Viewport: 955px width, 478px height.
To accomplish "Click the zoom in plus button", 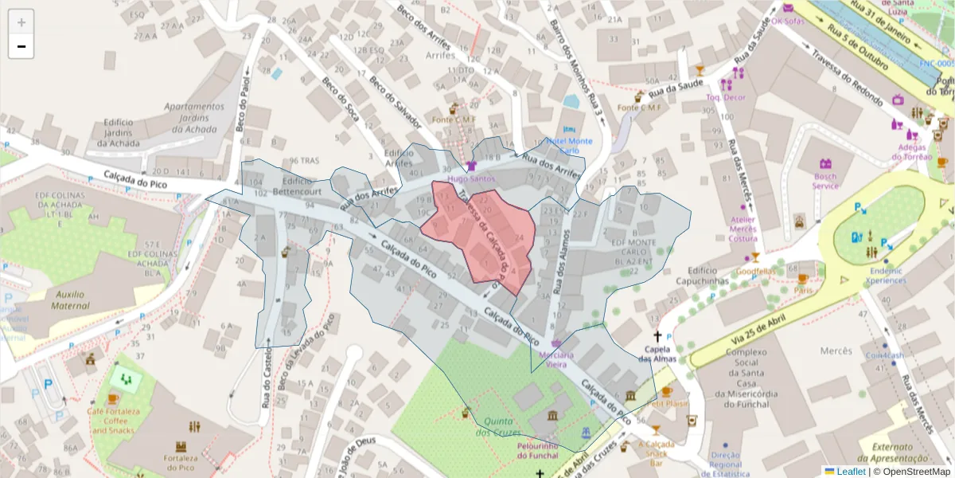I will (x=21, y=22).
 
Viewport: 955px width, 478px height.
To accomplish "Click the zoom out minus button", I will (x=21, y=47).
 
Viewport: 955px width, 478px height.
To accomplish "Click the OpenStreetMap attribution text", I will (x=912, y=472).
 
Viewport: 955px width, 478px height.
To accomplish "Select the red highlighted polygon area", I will (x=477, y=235).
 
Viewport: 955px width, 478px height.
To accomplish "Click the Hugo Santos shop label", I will (x=471, y=179).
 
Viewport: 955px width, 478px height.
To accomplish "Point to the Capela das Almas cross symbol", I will (x=657, y=337).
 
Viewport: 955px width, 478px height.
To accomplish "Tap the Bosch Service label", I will (x=825, y=180).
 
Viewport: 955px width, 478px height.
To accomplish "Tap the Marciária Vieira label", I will (x=556, y=359).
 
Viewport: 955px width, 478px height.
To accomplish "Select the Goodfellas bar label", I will (x=755, y=271).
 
